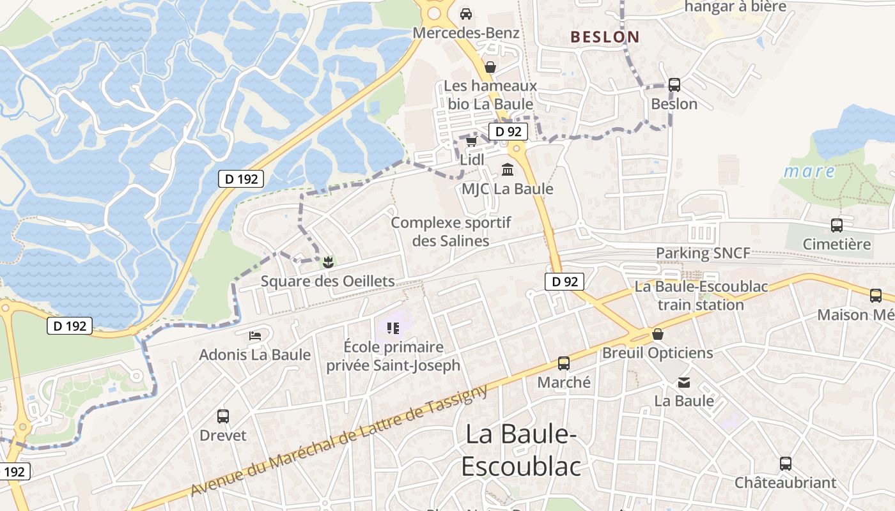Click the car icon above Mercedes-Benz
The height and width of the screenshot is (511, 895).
tap(466, 13)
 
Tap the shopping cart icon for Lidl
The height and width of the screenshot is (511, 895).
tap(471, 141)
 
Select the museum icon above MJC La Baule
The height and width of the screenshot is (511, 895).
tap(508, 169)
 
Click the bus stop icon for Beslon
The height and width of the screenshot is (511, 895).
tap(674, 84)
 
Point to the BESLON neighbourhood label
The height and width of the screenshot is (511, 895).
tap(605, 37)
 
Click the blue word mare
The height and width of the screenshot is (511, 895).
tap(809, 171)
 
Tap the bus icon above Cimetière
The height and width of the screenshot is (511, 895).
tap(836, 225)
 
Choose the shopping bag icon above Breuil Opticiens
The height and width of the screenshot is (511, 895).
tap(657, 334)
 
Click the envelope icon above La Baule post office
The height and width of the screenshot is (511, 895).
tap(684, 383)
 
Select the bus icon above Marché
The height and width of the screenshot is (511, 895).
tap(564, 363)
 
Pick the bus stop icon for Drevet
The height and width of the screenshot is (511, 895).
tap(223, 416)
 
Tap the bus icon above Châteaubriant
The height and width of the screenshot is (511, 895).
tap(785, 464)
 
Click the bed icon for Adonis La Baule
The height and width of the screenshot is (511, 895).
tap(255, 335)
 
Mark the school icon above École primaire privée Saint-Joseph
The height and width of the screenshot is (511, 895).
tap(393, 328)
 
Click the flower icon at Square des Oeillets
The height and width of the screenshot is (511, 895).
tap(328, 261)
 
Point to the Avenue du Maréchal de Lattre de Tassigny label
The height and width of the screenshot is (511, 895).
tap(339, 441)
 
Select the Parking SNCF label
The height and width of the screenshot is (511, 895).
tap(703, 253)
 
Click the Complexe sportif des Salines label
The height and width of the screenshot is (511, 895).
tap(451, 232)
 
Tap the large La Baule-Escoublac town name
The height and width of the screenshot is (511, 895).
tap(521, 450)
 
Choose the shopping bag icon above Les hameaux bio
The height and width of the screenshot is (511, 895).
tap(490, 67)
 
